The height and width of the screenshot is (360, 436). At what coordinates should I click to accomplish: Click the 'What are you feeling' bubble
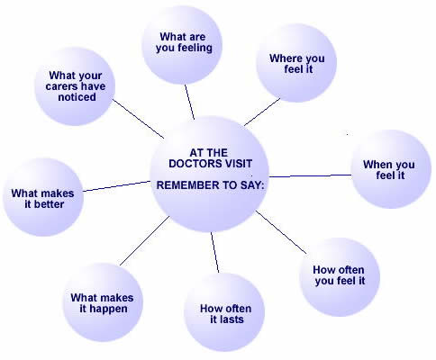click(x=182, y=45)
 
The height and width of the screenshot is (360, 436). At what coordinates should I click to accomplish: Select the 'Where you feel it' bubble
click(x=296, y=63)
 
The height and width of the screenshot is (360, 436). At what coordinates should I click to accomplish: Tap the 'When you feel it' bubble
click(x=391, y=169)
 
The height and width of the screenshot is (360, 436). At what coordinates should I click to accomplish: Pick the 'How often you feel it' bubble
click(x=340, y=277)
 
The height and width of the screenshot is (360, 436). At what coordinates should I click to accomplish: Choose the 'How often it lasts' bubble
click(x=224, y=312)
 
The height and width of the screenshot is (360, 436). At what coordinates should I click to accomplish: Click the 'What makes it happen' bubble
click(x=103, y=302)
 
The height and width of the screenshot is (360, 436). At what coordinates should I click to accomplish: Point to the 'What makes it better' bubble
click(x=43, y=197)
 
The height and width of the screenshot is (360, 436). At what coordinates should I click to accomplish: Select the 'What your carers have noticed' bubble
click(x=75, y=86)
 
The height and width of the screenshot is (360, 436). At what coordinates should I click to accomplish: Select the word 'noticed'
click(x=77, y=97)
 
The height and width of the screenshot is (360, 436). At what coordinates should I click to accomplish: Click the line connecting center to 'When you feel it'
click(x=310, y=175)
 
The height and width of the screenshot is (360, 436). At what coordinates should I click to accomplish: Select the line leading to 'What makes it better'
click(x=116, y=186)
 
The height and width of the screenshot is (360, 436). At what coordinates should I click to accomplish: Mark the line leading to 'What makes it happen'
click(x=145, y=240)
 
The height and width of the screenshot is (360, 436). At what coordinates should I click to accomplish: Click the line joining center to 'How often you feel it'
click(x=281, y=232)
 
